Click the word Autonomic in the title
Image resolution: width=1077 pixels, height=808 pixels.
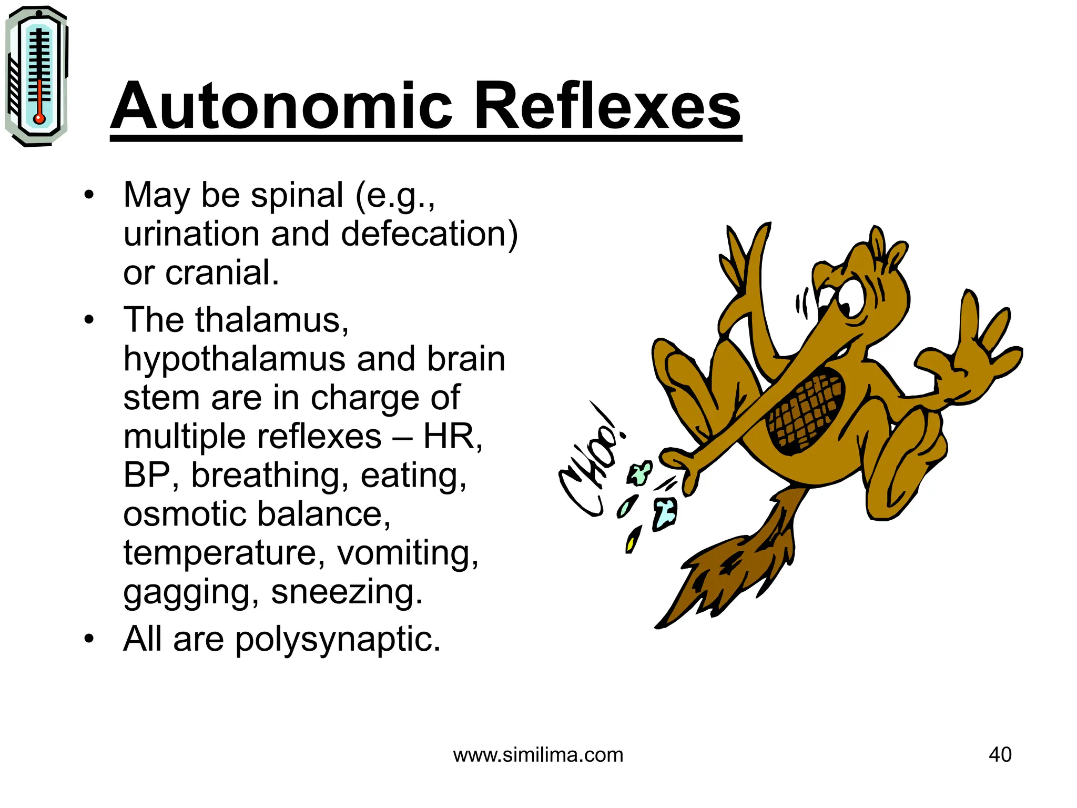[x=281, y=107]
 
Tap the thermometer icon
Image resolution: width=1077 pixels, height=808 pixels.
[x=36, y=76]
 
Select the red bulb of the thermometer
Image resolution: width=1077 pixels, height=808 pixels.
[x=39, y=118]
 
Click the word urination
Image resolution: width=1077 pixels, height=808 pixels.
[x=191, y=234]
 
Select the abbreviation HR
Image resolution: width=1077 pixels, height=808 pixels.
[x=452, y=437]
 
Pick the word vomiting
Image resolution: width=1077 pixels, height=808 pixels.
[x=408, y=553]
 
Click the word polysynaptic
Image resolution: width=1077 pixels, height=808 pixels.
[x=337, y=640]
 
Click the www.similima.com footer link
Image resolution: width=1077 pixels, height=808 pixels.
[x=538, y=755]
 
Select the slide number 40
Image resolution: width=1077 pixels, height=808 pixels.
[x=1000, y=754]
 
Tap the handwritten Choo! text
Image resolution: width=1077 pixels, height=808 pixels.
[x=592, y=463]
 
